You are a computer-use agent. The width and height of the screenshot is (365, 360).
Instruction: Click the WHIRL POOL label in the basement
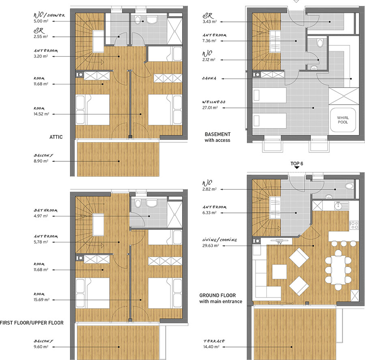click(x=343, y=120)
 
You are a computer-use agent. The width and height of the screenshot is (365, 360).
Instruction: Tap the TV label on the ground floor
click(x=279, y=243)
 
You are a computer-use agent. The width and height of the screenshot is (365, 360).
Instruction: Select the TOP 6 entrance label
click(x=297, y=164)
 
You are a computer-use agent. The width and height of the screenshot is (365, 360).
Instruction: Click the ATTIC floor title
click(x=56, y=137)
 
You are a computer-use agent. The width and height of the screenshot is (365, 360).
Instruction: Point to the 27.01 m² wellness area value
click(x=210, y=108)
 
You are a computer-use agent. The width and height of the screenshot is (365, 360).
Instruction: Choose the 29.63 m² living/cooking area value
click(x=210, y=245)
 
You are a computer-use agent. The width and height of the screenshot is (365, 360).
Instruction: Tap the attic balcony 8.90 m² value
click(x=41, y=161)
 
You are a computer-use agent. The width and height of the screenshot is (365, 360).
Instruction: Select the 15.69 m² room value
click(x=41, y=300)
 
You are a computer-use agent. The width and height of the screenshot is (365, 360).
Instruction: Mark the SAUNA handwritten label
click(x=209, y=78)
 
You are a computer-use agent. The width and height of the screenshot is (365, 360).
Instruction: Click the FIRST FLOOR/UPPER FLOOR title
click(x=32, y=323)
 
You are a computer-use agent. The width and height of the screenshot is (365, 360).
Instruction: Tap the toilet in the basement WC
click(x=320, y=43)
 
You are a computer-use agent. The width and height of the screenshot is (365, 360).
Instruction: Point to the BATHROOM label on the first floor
click(x=45, y=210)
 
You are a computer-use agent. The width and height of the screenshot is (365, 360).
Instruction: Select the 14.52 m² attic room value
click(x=41, y=114)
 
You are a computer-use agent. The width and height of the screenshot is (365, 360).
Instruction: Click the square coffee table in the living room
click(x=279, y=272)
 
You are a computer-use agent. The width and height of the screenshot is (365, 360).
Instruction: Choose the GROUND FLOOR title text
click(x=217, y=295)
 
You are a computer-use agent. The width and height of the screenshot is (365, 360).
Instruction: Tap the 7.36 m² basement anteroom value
click(x=209, y=41)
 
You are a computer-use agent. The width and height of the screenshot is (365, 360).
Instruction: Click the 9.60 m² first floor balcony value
click(x=41, y=347)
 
